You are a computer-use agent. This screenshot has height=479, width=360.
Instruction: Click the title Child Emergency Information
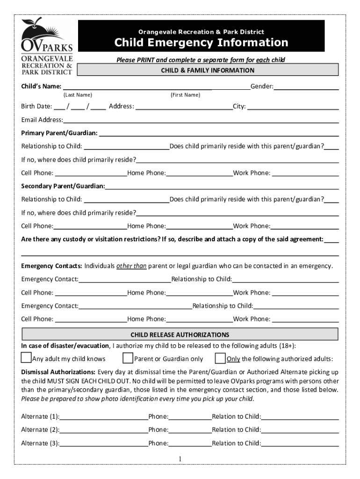(202, 43)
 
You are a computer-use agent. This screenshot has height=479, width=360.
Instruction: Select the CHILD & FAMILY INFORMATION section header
(208, 71)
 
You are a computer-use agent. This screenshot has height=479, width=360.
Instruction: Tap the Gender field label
(262, 87)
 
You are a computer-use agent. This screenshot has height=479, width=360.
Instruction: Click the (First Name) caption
(185, 95)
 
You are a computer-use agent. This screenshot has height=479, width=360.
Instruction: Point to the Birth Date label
(36, 106)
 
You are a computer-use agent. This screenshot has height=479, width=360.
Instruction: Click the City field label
(239, 106)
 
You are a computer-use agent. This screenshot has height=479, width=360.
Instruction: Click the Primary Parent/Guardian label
(59, 133)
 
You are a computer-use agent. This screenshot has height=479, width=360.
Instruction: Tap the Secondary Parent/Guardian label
(63, 186)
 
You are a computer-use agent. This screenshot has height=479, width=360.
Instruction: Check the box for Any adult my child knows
(26, 358)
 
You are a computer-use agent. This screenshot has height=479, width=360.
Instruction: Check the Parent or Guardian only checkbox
(128, 358)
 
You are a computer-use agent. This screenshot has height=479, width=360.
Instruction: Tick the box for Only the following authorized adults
(220, 358)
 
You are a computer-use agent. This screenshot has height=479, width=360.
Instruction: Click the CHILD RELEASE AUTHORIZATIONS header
(180, 335)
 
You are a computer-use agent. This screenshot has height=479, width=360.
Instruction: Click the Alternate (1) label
(40, 416)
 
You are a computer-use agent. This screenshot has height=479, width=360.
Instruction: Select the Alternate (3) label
(40, 443)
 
